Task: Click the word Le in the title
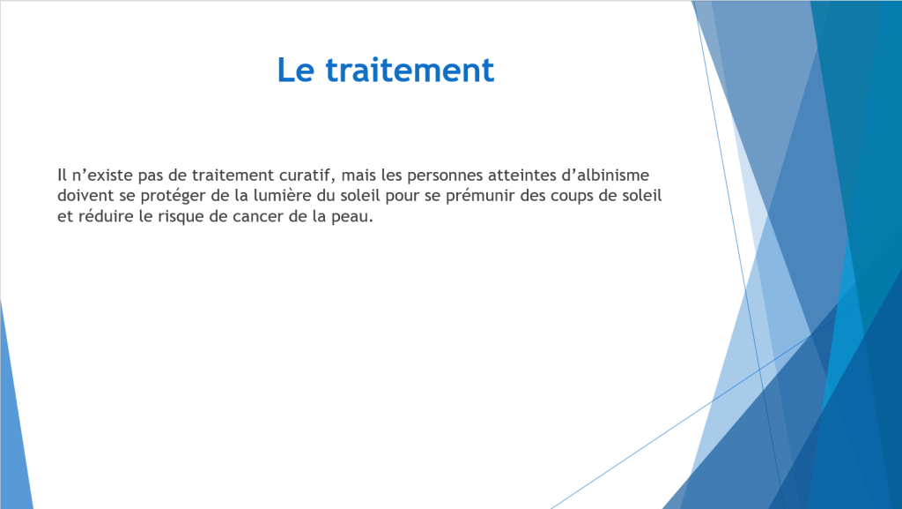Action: tap(296, 71)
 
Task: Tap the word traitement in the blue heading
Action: tap(410, 71)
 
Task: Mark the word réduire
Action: tap(104, 216)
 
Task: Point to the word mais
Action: tap(359, 175)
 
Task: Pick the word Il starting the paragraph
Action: tap(62, 175)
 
